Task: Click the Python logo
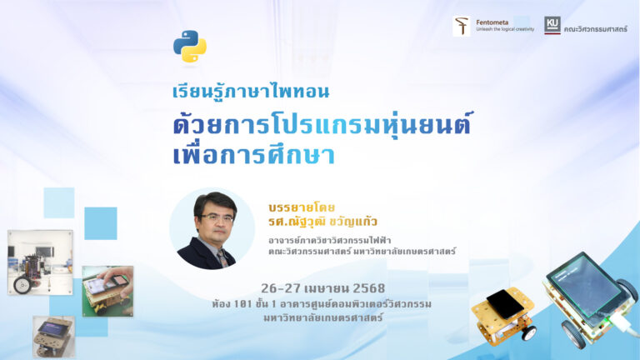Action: [x=190, y=46]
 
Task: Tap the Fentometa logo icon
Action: [x=462, y=26]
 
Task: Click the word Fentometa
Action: [x=492, y=22]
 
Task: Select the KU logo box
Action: [x=552, y=25]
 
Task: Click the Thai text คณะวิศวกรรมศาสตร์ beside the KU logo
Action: [x=596, y=29]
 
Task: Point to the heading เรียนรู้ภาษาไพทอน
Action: [x=251, y=91]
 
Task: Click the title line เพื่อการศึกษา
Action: [x=254, y=155]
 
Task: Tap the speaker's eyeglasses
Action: [x=216, y=218]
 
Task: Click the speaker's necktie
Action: [x=222, y=258]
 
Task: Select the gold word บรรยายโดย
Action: [x=302, y=207]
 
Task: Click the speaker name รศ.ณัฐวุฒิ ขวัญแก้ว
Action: [x=322, y=222]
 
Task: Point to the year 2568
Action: [x=368, y=288]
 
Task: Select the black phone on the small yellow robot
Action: [x=504, y=304]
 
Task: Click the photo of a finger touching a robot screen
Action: [x=107, y=291]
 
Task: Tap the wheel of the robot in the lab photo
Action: [x=22, y=284]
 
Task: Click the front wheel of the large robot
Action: [x=574, y=334]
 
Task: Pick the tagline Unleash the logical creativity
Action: [x=505, y=29]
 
